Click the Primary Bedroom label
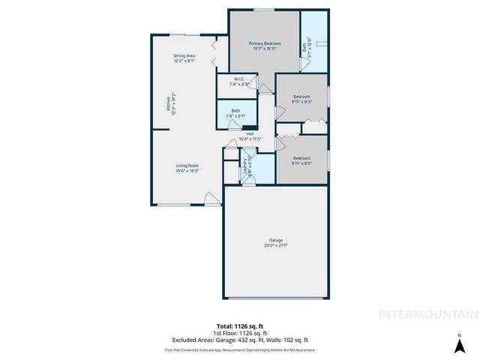click(x=264, y=44)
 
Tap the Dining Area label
click(x=184, y=55)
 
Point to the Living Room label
click(x=187, y=166)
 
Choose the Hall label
click(x=239, y=134)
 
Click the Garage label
click(x=276, y=240)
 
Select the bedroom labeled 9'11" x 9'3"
click(x=301, y=99)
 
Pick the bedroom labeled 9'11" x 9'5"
click(x=301, y=160)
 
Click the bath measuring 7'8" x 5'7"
click(x=235, y=113)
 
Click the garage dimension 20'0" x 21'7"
click(x=276, y=245)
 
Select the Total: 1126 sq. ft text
click(x=240, y=325)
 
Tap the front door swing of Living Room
click(x=212, y=199)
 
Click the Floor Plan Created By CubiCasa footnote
click(x=240, y=349)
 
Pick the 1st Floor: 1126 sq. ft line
click(x=240, y=332)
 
